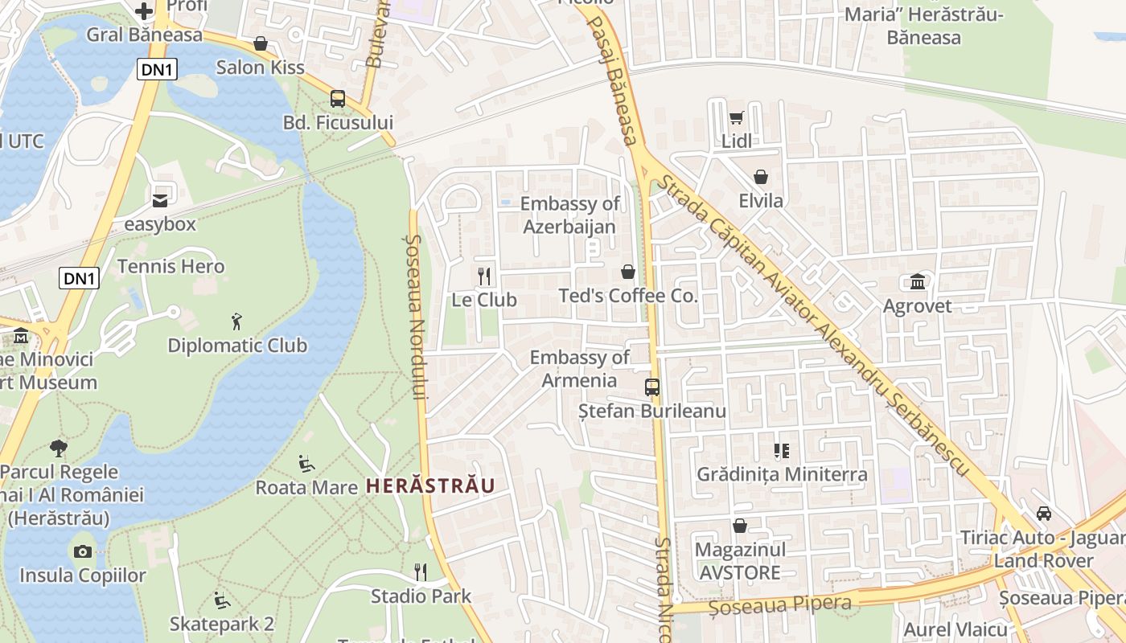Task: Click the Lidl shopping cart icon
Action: tap(736, 118)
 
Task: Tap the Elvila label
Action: tap(761, 200)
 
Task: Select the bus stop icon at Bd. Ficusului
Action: tap(338, 99)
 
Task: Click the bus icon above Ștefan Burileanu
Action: tap(652, 387)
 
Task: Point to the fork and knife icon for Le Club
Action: tap(484, 276)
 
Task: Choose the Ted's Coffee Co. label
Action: tap(628, 296)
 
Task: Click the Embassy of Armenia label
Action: tap(579, 369)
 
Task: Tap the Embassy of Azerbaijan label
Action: tap(569, 215)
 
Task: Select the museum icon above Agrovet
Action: tap(917, 281)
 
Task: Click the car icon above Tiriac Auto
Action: tap(1043, 513)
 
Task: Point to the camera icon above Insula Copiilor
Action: tap(82, 551)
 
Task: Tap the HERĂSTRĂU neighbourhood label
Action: tap(429, 485)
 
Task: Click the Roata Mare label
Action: tap(306, 487)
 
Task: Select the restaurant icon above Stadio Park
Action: tap(420, 571)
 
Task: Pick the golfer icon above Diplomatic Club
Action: tap(236, 321)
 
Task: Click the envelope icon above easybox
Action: tap(160, 199)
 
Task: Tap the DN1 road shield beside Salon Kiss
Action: tap(157, 70)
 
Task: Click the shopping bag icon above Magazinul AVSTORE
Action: tap(739, 526)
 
